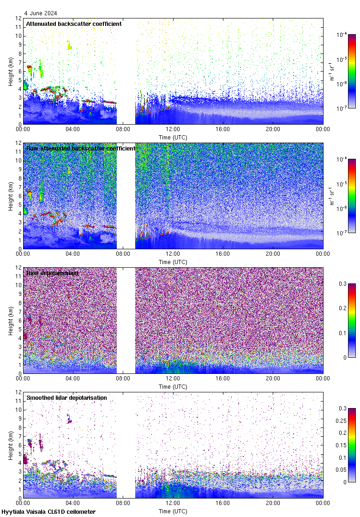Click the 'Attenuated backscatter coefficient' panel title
click(x=74, y=24)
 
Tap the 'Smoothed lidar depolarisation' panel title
click(x=66, y=397)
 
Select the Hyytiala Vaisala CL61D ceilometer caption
click(x=48, y=512)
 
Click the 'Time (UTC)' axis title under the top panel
click(x=173, y=137)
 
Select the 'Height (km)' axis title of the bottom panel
click(x=11, y=445)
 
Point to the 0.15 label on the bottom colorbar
click(x=345, y=445)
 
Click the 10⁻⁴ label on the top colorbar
click(x=342, y=35)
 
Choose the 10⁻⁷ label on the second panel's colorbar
click(x=342, y=233)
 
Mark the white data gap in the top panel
click(x=126, y=72)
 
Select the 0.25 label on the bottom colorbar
click(x=345, y=421)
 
